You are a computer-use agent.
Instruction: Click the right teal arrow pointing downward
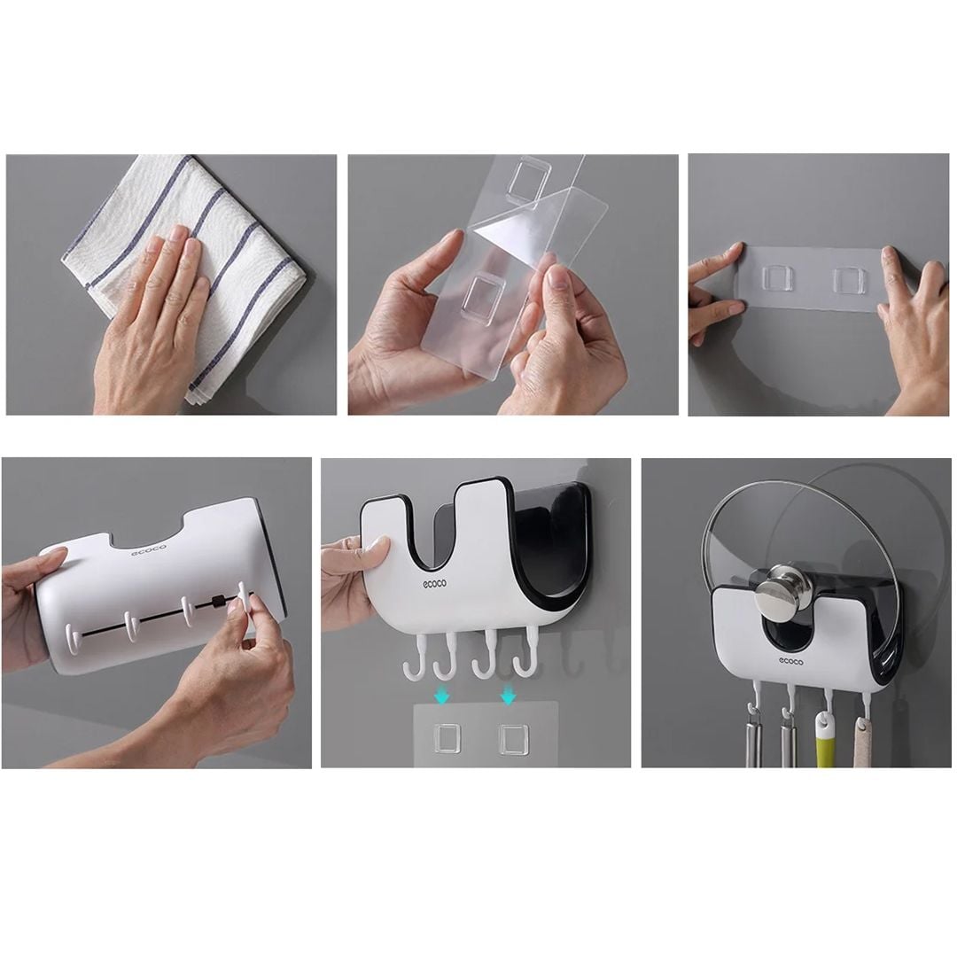[x=507, y=693]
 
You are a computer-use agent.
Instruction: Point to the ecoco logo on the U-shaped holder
[x=434, y=584]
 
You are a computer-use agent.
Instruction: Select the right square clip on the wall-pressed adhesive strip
[x=849, y=278]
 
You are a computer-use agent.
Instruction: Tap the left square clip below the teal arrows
[x=447, y=737]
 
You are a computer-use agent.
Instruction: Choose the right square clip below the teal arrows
[x=512, y=738]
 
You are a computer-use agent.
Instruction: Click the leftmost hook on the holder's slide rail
[x=73, y=638]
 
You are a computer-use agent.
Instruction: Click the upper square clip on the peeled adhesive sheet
[x=528, y=181]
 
